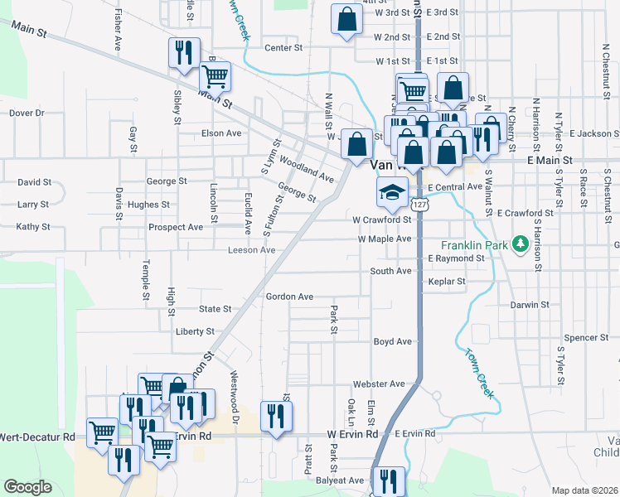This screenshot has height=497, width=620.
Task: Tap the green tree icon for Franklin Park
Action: (x=520, y=244)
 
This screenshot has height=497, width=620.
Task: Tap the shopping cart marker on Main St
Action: (x=216, y=76)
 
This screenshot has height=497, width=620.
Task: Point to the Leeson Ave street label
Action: (x=252, y=250)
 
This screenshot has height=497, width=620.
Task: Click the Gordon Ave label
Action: (x=289, y=297)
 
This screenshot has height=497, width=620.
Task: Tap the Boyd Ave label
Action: (x=392, y=341)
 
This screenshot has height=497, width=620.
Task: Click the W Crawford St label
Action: (x=382, y=220)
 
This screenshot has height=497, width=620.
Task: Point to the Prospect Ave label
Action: (x=176, y=227)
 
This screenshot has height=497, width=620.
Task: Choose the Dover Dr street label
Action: (x=27, y=113)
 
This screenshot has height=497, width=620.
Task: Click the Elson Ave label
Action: (x=221, y=133)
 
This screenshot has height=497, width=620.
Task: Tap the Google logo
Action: (x=27, y=487)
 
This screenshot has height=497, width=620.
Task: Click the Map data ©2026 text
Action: (x=584, y=490)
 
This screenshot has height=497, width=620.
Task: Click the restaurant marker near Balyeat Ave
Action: (x=388, y=481)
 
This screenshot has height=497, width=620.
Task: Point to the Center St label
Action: (x=283, y=48)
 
